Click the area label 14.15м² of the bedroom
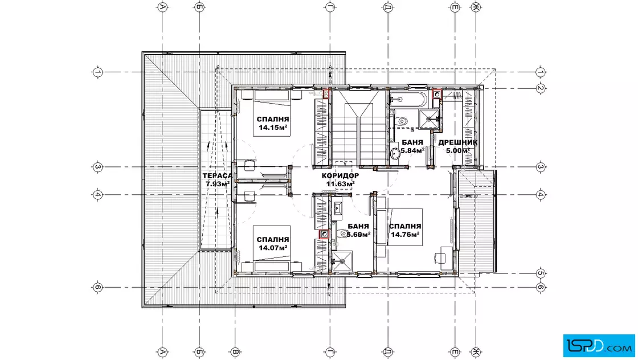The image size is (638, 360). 273,128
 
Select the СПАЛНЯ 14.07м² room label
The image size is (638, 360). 273,244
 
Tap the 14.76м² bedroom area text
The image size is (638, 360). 405,234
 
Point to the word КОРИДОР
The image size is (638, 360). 340,176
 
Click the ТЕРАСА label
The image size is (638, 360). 218,176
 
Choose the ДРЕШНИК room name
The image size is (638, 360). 458,142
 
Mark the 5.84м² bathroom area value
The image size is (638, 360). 412,150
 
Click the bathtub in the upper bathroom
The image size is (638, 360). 408,99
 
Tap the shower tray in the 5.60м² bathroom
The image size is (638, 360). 342,261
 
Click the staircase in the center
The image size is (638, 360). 358,128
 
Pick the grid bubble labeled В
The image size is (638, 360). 235,352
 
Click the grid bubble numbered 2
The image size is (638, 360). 541,88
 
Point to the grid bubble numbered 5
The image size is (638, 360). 541,273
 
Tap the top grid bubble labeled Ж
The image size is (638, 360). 476,7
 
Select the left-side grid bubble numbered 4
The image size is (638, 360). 97,195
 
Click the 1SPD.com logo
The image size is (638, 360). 599,345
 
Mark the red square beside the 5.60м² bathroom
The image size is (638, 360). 324,234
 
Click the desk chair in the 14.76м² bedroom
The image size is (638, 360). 440,257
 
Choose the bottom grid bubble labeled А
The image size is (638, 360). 162,352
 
